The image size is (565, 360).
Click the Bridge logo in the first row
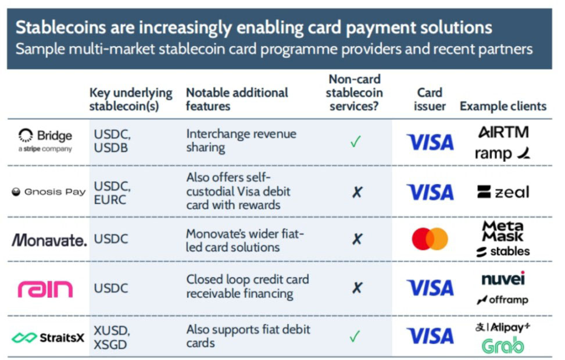(x=45, y=140)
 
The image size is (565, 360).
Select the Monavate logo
(x=49, y=240)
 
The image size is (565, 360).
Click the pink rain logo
(x=45, y=289)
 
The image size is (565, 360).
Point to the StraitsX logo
(x=48, y=338)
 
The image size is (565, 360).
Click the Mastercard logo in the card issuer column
(x=430, y=239)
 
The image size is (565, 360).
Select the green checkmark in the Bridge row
(x=355, y=141)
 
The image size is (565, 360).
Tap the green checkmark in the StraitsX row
(x=355, y=337)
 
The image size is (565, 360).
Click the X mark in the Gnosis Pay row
(x=357, y=192)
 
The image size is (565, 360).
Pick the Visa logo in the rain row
(x=430, y=288)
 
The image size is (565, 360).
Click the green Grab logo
(x=503, y=345)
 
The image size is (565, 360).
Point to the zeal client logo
(x=503, y=192)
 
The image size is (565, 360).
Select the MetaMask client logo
(x=503, y=231)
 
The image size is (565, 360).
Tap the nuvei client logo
(x=503, y=279)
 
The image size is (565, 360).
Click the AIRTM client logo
(x=503, y=132)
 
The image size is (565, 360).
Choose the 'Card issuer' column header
(x=430, y=99)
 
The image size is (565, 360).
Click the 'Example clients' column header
(x=503, y=106)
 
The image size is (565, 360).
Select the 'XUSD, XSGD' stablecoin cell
(x=112, y=338)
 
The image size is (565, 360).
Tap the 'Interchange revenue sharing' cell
(x=241, y=141)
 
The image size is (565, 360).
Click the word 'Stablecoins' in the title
(x=60, y=28)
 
